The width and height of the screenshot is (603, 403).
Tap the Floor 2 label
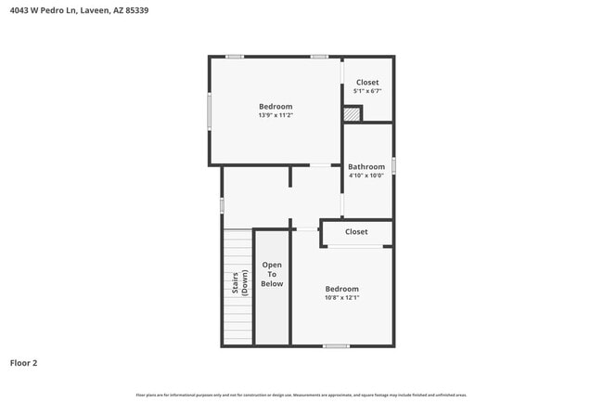coord(23,363)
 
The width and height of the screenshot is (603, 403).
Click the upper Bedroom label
coord(276,107)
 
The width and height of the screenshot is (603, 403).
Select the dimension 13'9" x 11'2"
coord(276,116)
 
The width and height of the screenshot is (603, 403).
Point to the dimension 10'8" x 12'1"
coord(341,298)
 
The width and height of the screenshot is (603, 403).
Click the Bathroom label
coord(366,167)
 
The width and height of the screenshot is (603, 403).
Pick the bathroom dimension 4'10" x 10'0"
coord(366,175)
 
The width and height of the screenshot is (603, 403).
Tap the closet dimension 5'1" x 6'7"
coord(366,91)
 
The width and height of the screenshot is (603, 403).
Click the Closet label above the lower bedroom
coord(356,231)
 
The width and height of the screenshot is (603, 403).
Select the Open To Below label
coord(272,274)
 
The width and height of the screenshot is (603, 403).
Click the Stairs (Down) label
coord(239,283)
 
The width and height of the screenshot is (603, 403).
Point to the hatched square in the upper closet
coord(352,114)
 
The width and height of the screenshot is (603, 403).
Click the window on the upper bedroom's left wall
coord(209,111)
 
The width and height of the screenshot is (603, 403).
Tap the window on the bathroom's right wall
coord(394,165)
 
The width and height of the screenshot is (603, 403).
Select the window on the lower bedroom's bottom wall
coord(336,346)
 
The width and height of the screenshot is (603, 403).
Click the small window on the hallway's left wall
coord(222,205)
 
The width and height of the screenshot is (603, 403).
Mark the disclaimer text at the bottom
coord(301,396)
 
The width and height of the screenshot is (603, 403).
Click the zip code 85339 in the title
coord(135,10)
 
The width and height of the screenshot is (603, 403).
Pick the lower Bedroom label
coord(341,289)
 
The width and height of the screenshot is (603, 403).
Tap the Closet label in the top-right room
coord(367,82)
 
